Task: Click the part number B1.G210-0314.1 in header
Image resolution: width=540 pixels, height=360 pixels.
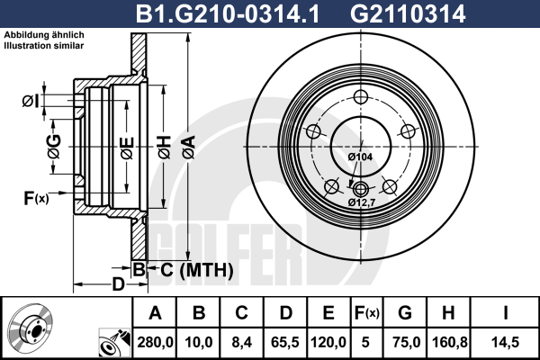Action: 228,14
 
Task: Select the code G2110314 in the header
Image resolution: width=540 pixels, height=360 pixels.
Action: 408,14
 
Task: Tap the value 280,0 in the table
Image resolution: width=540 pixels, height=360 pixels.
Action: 155,342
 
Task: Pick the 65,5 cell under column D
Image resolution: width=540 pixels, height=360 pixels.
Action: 284,342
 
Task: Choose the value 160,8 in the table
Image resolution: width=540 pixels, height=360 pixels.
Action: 449,342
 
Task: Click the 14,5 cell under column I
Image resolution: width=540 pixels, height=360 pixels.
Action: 505,342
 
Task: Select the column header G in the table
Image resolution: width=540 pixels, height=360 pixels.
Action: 405,313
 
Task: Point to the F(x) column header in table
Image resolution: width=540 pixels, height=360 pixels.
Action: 366,313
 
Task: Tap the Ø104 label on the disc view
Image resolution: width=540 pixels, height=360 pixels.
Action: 360,157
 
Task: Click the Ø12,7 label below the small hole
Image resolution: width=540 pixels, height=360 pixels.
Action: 361,202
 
